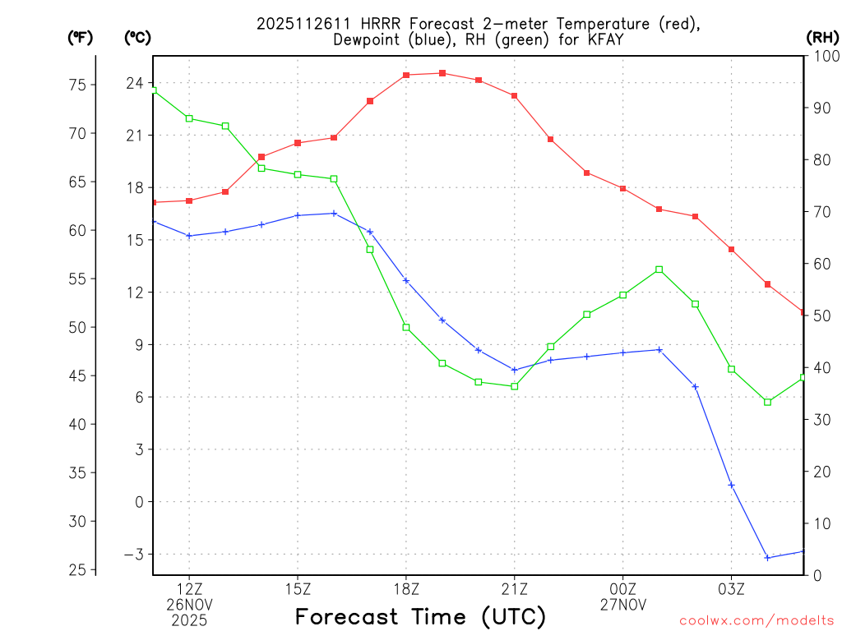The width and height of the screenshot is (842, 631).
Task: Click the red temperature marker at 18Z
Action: [406, 76]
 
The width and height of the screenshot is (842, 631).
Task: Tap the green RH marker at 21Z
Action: [515, 386]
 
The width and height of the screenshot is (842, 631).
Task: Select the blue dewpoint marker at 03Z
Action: [731, 485]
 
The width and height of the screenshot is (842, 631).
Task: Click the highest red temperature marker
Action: [442, 73]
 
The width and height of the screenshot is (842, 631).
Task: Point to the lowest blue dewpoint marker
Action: [767, 558]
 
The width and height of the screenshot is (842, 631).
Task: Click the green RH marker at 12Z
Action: [189, 118]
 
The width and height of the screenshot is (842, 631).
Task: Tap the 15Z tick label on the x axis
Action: [298, 588]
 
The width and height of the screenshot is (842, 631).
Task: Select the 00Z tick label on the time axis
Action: [622, 588]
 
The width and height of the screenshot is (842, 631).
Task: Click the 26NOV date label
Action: [190, 604]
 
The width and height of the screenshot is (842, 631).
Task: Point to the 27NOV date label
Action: [622, 604]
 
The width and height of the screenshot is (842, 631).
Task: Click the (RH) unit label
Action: [821, 37]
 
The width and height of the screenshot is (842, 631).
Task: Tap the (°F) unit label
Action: [81, 37]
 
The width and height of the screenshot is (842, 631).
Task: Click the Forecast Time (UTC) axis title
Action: [420, 616]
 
